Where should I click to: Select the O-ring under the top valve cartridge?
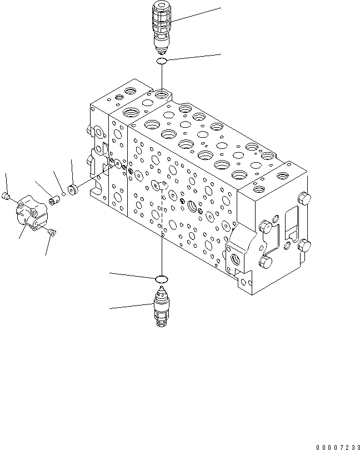click(x=162, y=61)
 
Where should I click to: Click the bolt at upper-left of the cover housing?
click(x=7, y=195)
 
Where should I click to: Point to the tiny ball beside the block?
click(x=64, y=194)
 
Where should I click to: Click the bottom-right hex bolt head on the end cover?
click(x=265, y=261)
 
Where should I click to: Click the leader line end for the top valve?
click(x=221, y=8)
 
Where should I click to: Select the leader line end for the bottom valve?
click(x=110, y=307)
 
